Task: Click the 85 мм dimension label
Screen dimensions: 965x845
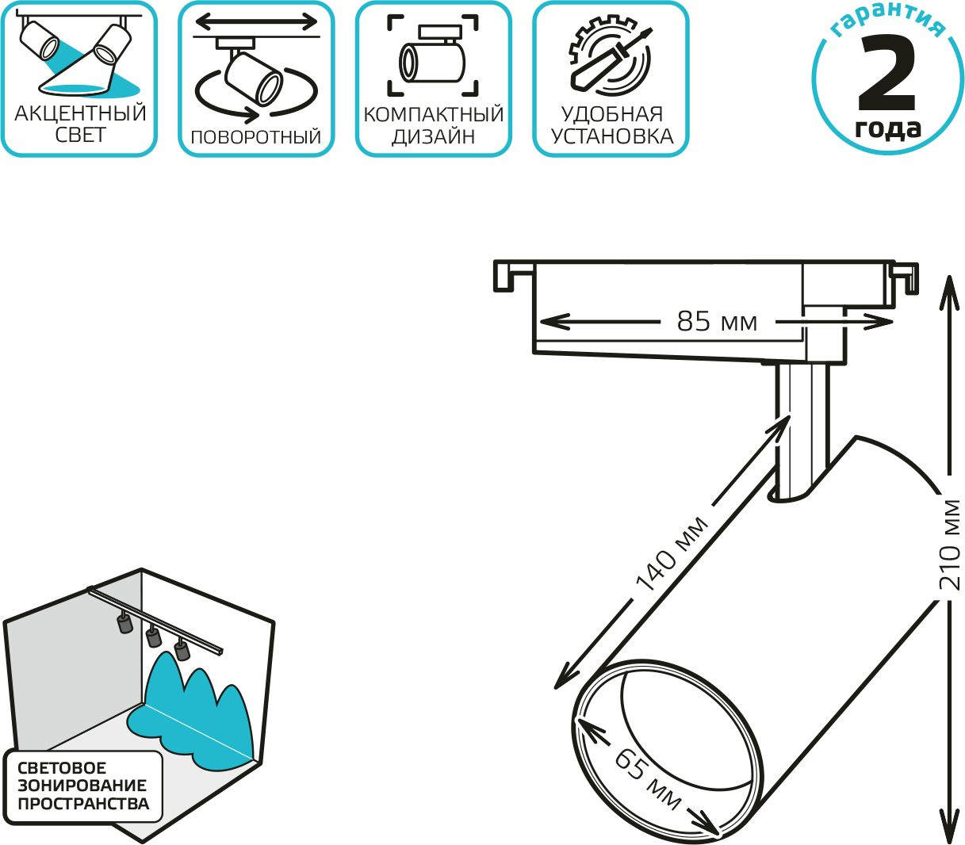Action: coord(717,322)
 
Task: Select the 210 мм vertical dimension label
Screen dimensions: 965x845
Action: coord(949,545)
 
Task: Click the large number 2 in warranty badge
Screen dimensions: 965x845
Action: coord(886,73)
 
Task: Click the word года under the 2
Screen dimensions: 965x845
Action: coord(887,129)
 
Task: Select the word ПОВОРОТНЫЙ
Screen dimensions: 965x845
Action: coord(255,137)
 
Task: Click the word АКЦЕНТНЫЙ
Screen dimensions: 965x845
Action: coord(80,113)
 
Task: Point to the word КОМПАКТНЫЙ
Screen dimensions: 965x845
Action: coord(434,115)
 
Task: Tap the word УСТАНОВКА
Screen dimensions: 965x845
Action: coord(611,136)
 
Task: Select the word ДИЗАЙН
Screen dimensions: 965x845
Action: coord(434,137)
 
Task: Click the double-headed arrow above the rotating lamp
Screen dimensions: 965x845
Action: coord(256,21)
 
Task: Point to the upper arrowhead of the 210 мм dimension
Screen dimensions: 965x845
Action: coord(948,292)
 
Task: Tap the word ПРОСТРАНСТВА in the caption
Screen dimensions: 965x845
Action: coord(83,804)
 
